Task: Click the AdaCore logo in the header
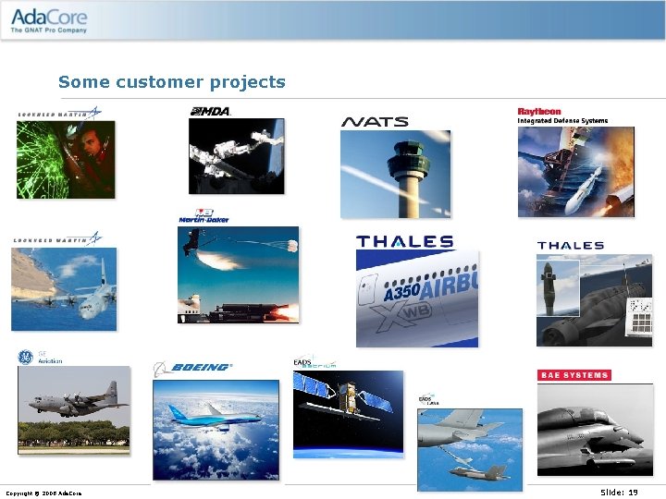click(x=50, y=19)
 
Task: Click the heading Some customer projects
click(x=172, y=82)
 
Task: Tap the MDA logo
click(x=210, y=112)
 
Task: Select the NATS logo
click(x=375, y=122)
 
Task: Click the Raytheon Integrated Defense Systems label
click(x=562, y=116)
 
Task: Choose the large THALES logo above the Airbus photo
click(x=405, y=241)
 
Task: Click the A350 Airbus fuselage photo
click(x=417, y=298)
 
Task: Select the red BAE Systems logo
click(x=573, y=375)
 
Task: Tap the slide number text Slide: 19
click(x=619, y=493)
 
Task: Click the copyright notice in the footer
click(x=43, y=493)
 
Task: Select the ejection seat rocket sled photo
click(x=239, y=274)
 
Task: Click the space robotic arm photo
click(x=237, y=156)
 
